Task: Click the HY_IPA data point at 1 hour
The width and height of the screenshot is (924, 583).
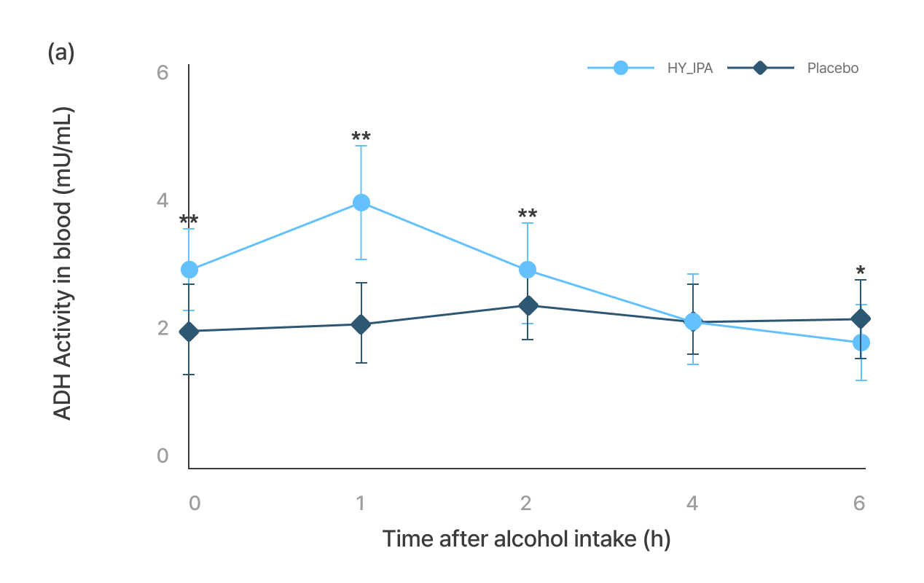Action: click(361, 203)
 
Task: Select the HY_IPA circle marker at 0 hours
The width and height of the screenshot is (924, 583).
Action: click(189, 270)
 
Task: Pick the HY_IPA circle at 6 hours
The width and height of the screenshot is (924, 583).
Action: click(861, 343)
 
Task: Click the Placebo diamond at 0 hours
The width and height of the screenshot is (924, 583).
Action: click(189, 332)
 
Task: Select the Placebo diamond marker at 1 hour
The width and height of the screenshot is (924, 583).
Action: click(361, 324)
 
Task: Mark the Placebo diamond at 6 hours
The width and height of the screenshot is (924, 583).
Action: click(861, 318)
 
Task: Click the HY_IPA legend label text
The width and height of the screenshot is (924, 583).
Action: click(689, 69)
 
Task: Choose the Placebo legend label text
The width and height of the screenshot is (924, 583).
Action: click(832, 69)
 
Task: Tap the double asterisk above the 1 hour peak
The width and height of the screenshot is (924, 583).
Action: click(361, 137)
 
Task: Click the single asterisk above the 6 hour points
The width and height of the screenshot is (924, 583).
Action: click(861, 273)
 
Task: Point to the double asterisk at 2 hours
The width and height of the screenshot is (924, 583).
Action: click(528, 214)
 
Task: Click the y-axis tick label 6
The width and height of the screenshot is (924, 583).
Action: click(163, 73)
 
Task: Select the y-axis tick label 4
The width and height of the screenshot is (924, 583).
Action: click(163, 200)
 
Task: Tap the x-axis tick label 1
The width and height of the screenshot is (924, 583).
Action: click(360, 504)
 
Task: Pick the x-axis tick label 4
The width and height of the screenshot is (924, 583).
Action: click(692, 504)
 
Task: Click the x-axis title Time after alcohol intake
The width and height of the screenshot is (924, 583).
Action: click(526, 539)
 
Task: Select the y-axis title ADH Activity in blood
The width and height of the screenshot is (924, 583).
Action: click(64, 265)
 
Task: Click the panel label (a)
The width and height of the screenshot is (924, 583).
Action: click(61, 52)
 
